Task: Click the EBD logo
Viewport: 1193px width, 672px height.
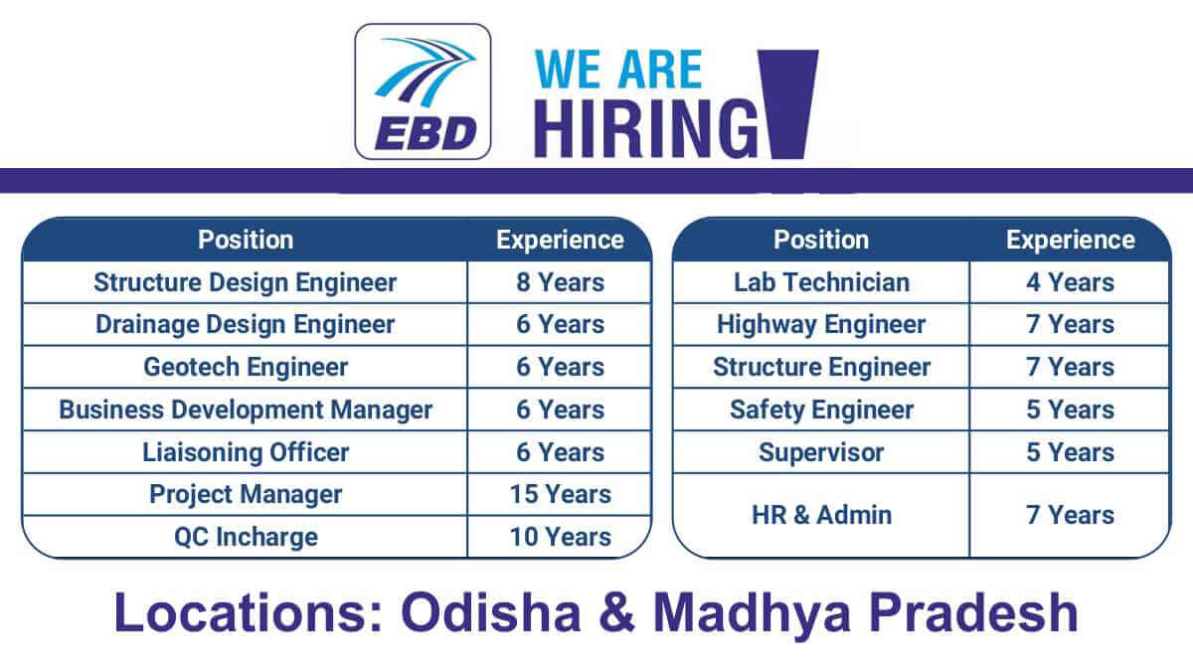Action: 423,91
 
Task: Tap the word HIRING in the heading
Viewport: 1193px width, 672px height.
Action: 646,129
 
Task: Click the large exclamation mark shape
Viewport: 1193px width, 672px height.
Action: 787,104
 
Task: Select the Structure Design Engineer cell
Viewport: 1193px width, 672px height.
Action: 246,282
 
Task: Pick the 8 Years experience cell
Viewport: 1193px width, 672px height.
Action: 561,282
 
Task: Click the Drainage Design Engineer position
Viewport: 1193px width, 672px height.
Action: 246,325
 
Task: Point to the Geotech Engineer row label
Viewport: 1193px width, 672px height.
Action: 246,367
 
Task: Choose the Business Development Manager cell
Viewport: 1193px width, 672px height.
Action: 246,410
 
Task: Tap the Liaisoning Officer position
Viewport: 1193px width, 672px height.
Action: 246,452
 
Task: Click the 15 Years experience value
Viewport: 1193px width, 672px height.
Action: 561,494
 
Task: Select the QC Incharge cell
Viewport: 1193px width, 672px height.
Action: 246,537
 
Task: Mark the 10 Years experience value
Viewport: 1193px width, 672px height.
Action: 561,537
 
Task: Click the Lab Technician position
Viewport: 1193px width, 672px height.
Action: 822,282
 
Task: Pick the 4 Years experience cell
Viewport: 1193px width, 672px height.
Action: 1071,282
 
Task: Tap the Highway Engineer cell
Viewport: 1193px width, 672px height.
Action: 822,325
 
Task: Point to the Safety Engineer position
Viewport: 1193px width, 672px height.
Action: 822,410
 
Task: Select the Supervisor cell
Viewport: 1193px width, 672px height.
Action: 822,452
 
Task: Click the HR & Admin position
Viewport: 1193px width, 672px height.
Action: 822,515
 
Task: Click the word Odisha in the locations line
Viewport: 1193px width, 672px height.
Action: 491,613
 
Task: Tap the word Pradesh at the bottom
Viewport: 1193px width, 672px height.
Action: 973,613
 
